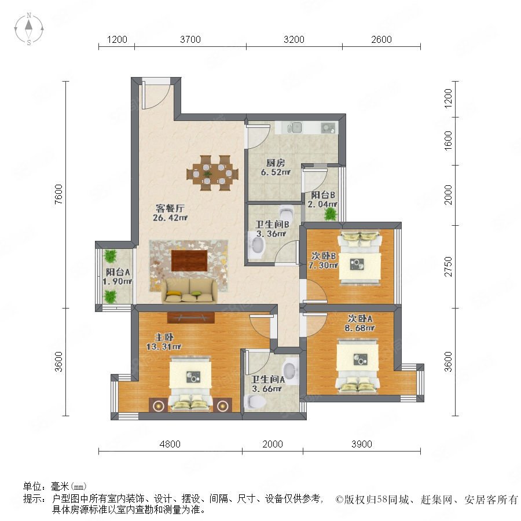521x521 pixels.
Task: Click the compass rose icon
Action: (29, 29)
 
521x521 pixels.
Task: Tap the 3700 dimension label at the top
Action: (190, 39)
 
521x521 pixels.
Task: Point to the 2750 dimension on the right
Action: (448, 266)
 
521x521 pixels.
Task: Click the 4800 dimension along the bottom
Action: (170, 444)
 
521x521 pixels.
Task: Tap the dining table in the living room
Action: (212, 173)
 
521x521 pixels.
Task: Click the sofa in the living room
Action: (189, 291)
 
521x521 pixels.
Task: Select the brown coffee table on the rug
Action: (189, 261)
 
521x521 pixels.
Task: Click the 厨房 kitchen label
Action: (276, 163)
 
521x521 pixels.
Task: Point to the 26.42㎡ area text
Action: (170, 218)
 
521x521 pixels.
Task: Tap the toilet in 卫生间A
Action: (255, 403)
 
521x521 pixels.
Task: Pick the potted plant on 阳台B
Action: (331, 215)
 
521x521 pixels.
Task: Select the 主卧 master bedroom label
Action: (164, 337)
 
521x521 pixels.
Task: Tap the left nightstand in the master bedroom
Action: (159, 405)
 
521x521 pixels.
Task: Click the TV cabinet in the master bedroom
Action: (191, 318)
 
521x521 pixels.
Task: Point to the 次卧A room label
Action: (360, 318)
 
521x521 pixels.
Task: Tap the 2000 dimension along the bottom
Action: (273, 444)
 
